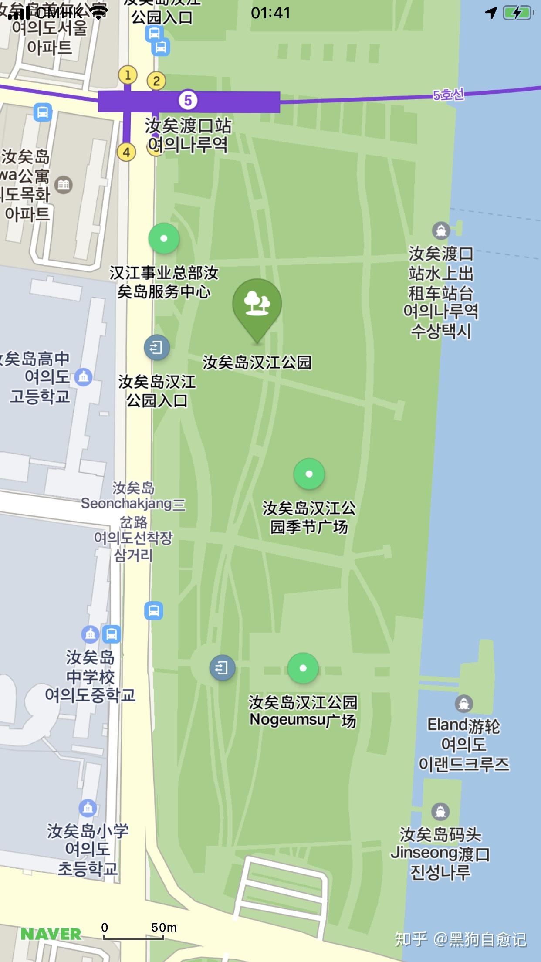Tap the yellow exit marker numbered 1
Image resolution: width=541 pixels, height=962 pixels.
pos(128,75)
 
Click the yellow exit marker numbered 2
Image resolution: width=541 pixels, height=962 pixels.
pos(156,81)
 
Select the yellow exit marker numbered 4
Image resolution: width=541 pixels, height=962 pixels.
pos(126,152)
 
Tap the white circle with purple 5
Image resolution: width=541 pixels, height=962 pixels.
pos(188,101)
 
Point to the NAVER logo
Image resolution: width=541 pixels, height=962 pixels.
pos(51,934)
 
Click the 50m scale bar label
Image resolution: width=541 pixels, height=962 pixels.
pos(164,928)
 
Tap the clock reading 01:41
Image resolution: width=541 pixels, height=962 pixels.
pos(270,13)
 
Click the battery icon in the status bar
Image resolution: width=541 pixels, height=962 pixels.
pos(518,13)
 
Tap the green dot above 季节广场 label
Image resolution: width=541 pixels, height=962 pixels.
pos(309,474)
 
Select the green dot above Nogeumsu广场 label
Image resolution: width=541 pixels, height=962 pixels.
pos(303,668)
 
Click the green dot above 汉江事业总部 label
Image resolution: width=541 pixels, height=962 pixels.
pos(164,238)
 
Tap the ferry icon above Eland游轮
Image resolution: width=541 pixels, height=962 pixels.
pos(463,703)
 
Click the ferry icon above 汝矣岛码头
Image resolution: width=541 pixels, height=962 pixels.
pos(440,811)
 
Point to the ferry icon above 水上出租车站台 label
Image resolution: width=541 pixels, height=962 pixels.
pos(441,230)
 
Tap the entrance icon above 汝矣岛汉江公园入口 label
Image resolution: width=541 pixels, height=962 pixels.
pos(156,347)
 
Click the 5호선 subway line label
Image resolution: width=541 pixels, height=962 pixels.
pos(448,95)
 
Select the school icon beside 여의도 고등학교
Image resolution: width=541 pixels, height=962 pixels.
pos(83,377)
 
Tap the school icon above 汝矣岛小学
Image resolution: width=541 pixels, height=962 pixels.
pos(88,808)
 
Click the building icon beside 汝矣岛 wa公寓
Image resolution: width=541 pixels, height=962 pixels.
pos(64,185)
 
